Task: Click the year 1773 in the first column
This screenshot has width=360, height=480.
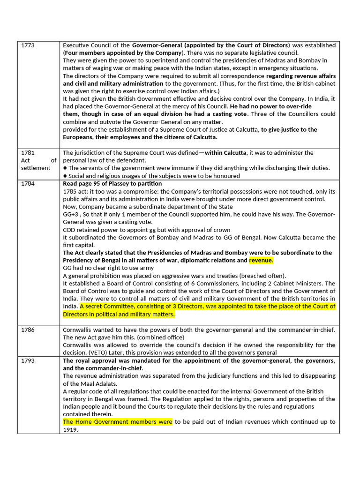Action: click(x=29, y=45)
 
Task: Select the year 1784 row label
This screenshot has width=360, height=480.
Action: click(x=29, y=183)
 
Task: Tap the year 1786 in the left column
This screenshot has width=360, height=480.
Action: click(x=29, y=330)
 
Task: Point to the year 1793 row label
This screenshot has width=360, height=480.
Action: click(x=29, y=360)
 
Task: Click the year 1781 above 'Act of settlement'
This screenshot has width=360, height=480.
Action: click(x=29, y=153)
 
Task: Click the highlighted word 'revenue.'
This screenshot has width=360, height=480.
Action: click(x=261, y=260)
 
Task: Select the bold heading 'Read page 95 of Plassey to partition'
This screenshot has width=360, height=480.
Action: click(x=112, y=183)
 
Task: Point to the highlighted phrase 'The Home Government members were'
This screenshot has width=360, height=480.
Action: click(x=118, y=422)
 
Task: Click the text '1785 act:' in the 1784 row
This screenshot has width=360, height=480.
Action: click(x=76, y=191)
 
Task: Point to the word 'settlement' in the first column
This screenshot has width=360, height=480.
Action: click(x=36, y=168)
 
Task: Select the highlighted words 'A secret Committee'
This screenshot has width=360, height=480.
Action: click(x=107, y=307)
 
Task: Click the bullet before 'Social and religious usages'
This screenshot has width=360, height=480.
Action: click(x=65, y=176)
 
